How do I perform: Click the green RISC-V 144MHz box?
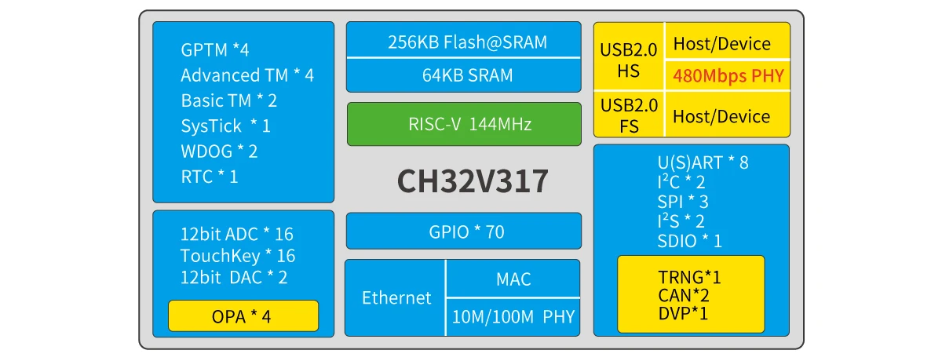pyautogui.click(x=463, y=124)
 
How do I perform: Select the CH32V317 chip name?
pyautogui.click(x=473, y=182)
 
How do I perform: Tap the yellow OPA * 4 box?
pyautogui.click(x=243, y=316)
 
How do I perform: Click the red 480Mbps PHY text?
pyautogui.click(x=727, y=77)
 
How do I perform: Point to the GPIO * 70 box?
pyautogui.click(x=463, y=232)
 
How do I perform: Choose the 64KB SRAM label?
pyautogui.click(x=463, y=75)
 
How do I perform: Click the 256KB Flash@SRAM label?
pyautogui.click(x=463, y=42)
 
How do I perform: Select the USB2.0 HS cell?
pyautogui.click(x=629, y=60)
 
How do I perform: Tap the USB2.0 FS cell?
pyautogui.click(x=629, y=115)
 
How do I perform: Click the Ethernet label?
pyautogui.click(x=396, y=298)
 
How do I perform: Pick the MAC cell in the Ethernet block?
pyautogui.click(x=513, y=279)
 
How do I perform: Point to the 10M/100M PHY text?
pyautogui.click(x=513, y=317)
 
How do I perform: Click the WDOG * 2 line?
pyautogui.click(x=219, y=151)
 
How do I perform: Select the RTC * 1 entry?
pyautogui.click(x=210, y=177)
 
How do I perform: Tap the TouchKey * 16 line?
pyautogui.click(x=237, y=256)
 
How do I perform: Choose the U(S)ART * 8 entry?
pyautogui.click(x=703, y=163)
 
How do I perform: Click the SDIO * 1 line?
pyautogui.click(x=689, y=241)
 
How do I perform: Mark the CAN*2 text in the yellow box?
pyautogui.click(x=683, y=296)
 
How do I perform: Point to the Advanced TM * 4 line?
pyautogui.click(x=246, y=75)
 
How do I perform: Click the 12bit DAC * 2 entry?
pyautogui.click(x=233, y=277)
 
